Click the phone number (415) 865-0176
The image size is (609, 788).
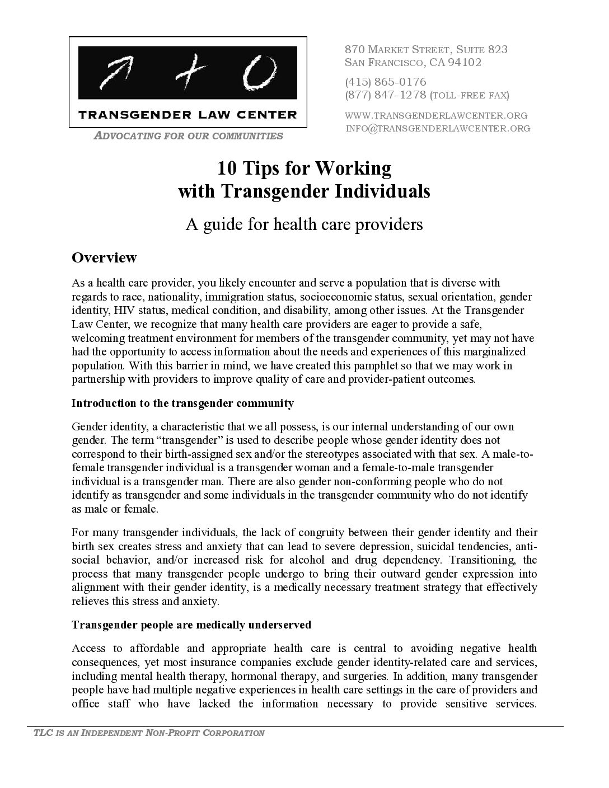pyautogui.click(x=386, y=82)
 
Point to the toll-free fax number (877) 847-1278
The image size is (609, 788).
pyautogui.click(x=386, y=95)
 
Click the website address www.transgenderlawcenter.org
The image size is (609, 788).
pyautogui.click(x=437, y=115)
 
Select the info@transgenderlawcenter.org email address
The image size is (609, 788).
pyautogui.click(x=438, y=129)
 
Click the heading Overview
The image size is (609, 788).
pyautogui.click(x=104, y=257)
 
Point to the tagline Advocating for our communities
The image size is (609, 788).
pyautogui.click(x=188, y=135)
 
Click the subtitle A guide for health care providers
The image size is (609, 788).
pyautogui.click(x=304, y=224)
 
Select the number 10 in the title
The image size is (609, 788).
pyautogui.click(x=227, y=168)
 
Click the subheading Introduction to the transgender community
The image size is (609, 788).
pyautogui.click(x=182, y=403)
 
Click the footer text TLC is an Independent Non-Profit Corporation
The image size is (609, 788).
pyautogui.click(x=145, y=733)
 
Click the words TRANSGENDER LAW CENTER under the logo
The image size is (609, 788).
pyautogui.click(x=188, y=115)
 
